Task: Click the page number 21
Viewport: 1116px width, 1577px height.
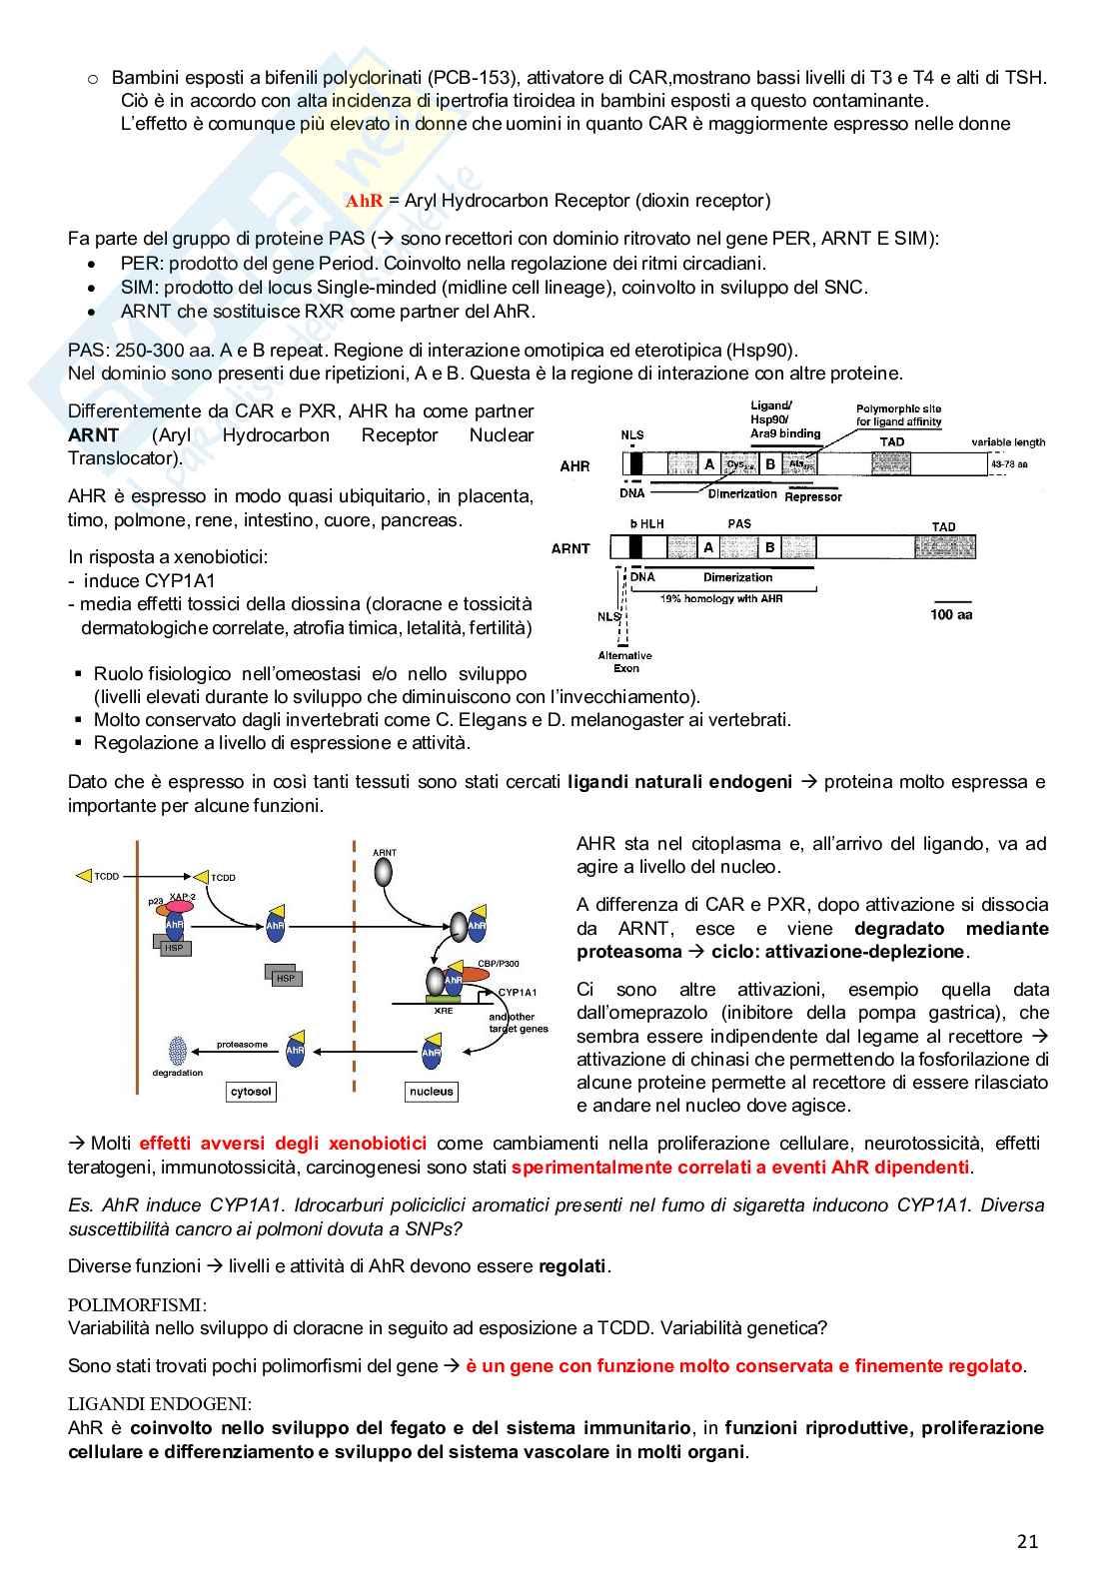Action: (x=1027, y=1541)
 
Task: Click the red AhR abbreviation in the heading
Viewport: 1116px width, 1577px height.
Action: (x=364, y=201)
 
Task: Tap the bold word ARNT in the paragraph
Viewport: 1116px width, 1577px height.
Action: (x=94, y=435)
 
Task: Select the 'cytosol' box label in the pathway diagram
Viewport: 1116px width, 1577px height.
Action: (x=251, y=1092)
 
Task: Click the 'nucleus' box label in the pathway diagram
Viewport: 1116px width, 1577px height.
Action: (x=432, y=1092)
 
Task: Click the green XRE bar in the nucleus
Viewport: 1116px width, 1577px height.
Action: (x=444, y=998)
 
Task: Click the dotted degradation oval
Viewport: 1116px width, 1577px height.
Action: (x=178, y=1050)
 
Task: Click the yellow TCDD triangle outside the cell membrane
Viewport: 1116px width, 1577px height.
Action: (x=84, y=876)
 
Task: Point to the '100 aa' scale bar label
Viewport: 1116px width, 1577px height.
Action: (x=950, y=615)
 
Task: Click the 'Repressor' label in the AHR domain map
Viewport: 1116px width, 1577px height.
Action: (x=813, y=496)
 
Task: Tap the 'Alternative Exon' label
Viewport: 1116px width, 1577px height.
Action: (x=625, y=662)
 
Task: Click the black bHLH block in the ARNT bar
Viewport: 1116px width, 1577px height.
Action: (x=636, y=547)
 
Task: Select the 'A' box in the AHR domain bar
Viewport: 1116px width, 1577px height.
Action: (x=709, y=464)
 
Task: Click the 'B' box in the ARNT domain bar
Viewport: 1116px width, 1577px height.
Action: (x=769, y=547)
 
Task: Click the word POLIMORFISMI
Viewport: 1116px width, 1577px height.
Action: (x=136, y=1304)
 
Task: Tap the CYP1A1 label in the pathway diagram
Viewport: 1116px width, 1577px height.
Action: (x=517, y=992)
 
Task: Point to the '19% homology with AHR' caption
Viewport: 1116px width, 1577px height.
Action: (x=721, y=598)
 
